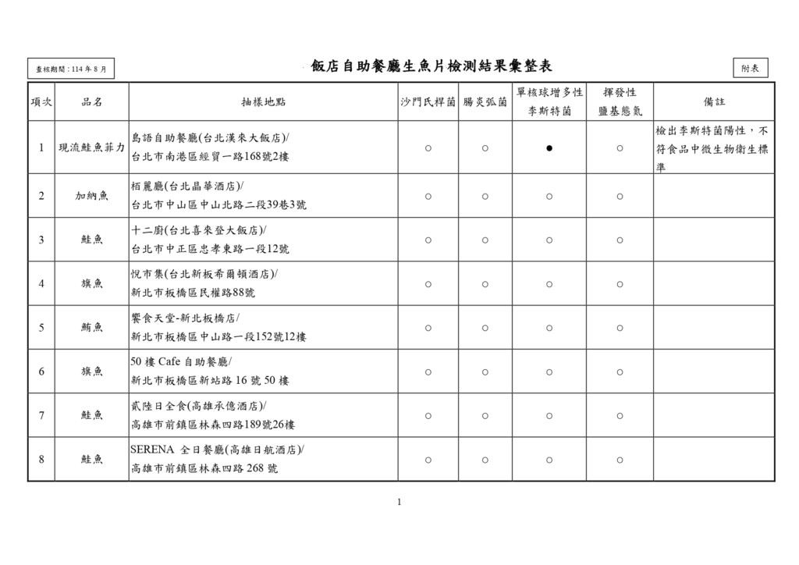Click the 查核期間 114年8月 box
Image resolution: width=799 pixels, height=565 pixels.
pyautogui.click(x=71, y=69)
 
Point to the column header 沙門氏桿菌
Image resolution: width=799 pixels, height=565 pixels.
pyautogui.click(x=428, y=102)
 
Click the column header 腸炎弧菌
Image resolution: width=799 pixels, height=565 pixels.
pyautogui.click(x=485, y=102)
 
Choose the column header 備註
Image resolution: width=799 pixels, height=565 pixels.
pyautogui.click(x=713, y=102)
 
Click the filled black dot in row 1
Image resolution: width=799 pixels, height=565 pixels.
pyautogui.click(x=549, y=147)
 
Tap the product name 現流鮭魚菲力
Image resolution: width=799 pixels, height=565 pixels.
pyautogui.click(x=91, y=147)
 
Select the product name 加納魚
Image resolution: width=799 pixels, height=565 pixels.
pyautogui.click(x=91, y=196)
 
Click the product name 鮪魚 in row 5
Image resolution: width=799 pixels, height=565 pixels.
pyautogui.click(x=91, y=328)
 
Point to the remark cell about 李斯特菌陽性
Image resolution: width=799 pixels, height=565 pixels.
pyautogui.click(x=712, y=147)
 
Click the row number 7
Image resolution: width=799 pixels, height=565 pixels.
pyautogui.click(x=41, y=415)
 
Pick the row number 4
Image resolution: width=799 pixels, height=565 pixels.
pyautogui.click(x=41, y=283)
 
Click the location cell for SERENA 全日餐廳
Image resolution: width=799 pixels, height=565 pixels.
pyautogui.click(x=218, y=459)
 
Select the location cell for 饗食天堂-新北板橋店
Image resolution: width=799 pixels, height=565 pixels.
pyautogui.click(x=218, y=328)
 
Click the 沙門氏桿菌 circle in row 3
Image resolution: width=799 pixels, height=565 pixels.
pyautogui.click(x=428, y=240)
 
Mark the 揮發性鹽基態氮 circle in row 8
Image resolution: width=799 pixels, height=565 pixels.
pyautogui.click(x=620, y=460)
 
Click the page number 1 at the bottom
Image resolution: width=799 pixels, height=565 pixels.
pyautogui.click(x=399, y=502)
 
